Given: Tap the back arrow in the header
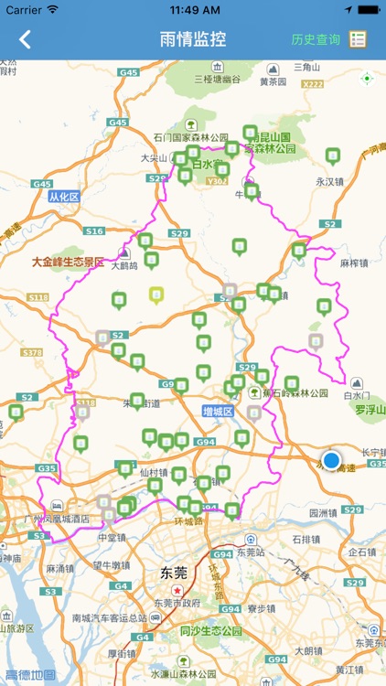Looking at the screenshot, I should point(25,39).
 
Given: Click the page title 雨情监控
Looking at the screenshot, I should point(192,39).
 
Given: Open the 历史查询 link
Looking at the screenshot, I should point(316,39).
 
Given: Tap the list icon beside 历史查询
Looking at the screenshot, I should point(358,39).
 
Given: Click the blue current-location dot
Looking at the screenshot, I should point(331,460).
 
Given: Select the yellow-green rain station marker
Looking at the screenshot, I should point(156,295).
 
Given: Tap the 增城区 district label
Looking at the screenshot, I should point(220,413).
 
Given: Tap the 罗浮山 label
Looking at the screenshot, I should point(370,409).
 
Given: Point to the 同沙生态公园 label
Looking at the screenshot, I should point(211,631).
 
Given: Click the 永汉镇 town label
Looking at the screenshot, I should point(327,181).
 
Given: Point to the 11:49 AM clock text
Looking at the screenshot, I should point(192,9).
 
